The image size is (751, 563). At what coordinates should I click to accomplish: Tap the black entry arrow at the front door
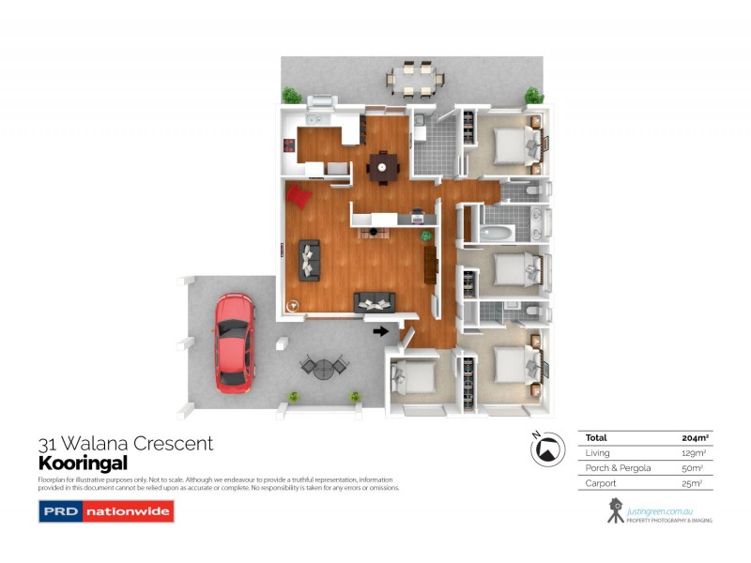click(x=380, y=329)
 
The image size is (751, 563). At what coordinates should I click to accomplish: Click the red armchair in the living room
click(x=299, y=196)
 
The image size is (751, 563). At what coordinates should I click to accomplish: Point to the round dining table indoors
click(x=382, y=167)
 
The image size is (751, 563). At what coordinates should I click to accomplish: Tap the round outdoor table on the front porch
click(x=323, y=367)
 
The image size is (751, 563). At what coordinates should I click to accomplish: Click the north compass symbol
click(x=544, y=449)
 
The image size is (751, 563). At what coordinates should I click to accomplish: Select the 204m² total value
click(x=694, y=437)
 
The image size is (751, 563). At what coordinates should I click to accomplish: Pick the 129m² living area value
click(x=694, y=452)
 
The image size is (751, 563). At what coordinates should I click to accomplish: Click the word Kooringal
click(x=82, y=463)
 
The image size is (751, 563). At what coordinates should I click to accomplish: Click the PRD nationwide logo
click(x=105, y=512)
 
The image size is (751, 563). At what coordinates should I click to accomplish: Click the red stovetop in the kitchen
click(x=290, y=146)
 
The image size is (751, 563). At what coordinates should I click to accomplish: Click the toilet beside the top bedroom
click(x=531, y=190)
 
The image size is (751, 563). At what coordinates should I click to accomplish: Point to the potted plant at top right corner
click(x=533, y=96)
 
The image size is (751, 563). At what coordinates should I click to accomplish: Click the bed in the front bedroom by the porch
click(x=414, y=377)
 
